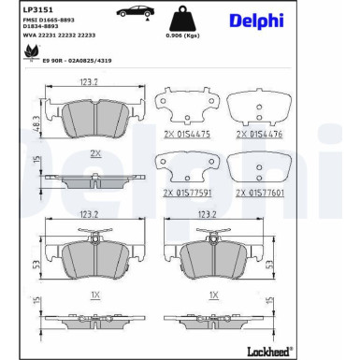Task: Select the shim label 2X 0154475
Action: [187, 135]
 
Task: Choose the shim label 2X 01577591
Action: [188, 193]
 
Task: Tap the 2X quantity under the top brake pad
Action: [94, 151]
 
